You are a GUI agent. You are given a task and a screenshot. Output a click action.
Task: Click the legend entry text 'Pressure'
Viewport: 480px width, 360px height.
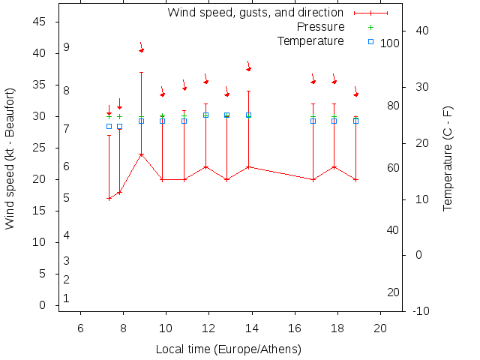pos(320,27)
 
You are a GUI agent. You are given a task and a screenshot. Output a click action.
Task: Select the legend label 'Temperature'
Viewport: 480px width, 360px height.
pos(310,40)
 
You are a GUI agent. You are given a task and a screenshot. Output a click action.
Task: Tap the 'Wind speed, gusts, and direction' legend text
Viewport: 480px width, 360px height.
pos(255,13)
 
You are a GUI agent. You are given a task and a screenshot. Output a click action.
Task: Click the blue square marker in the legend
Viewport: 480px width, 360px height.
pos(370,41)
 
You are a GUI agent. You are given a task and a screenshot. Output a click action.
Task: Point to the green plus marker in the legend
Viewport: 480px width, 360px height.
pos(370,27)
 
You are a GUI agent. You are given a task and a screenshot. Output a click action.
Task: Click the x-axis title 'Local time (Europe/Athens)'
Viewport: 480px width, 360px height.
pos(228,349)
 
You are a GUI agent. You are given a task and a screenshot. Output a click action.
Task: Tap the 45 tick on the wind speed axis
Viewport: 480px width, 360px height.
pos(40,22)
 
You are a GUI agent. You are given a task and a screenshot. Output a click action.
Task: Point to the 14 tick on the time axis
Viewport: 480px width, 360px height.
pos(252,328)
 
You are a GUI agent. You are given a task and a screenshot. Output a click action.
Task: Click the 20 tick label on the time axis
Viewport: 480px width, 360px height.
pos(380,328)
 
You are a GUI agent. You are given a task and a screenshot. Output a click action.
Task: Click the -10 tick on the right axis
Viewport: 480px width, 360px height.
pos(421,311)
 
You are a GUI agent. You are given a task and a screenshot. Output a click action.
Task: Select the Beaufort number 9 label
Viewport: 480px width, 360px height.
pos(66,47)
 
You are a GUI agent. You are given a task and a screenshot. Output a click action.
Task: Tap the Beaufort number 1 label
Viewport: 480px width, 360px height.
pos(66,298)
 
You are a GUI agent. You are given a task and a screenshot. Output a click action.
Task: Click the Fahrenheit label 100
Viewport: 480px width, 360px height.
pos(389,43)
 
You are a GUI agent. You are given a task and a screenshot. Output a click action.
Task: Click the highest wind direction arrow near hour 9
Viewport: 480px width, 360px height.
pos(141,48)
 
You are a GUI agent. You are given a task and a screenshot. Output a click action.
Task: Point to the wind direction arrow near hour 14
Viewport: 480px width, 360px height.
pos(248,67)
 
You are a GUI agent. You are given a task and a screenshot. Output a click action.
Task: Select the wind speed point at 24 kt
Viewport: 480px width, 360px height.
pos(141,154)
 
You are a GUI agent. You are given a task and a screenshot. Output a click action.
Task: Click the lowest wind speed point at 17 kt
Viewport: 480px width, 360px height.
pos(109,199)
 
